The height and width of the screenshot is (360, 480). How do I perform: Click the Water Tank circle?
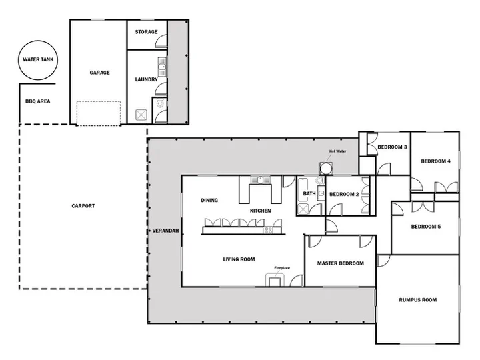[x=38, y=41]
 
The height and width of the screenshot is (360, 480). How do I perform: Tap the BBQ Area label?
[x=37, y=101]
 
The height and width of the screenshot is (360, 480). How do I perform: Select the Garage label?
[x=99, y=73]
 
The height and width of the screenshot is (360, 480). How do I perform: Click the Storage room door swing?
[x=161, y=41]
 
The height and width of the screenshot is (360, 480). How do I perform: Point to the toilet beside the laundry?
[x=160, y=103]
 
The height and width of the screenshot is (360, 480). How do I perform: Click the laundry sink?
[x=162, y=67]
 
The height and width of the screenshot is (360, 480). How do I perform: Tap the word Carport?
[x=83, y=206]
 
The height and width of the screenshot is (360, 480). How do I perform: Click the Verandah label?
[x=165, y=231]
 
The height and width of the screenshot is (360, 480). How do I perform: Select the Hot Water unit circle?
[x=326, y=169]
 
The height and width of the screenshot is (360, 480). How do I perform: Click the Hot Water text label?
[x=337, y=151]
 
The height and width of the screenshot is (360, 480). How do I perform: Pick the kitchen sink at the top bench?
[x=260, y=180]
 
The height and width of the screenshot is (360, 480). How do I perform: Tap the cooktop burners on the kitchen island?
[x=269, y=230]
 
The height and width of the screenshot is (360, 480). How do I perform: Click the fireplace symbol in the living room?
[x=275, y=280]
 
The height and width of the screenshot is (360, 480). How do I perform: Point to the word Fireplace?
[x=282, y=268]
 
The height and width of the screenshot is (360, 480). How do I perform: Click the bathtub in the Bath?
[x=303, y=189]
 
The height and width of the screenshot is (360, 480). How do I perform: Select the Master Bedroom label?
[x=341, y=263]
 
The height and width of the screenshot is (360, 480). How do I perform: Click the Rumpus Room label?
[x=418, y=300]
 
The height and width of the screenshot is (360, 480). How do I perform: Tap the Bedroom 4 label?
[x=435, y=161]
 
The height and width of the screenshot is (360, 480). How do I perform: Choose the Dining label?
[x=209, y=200]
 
